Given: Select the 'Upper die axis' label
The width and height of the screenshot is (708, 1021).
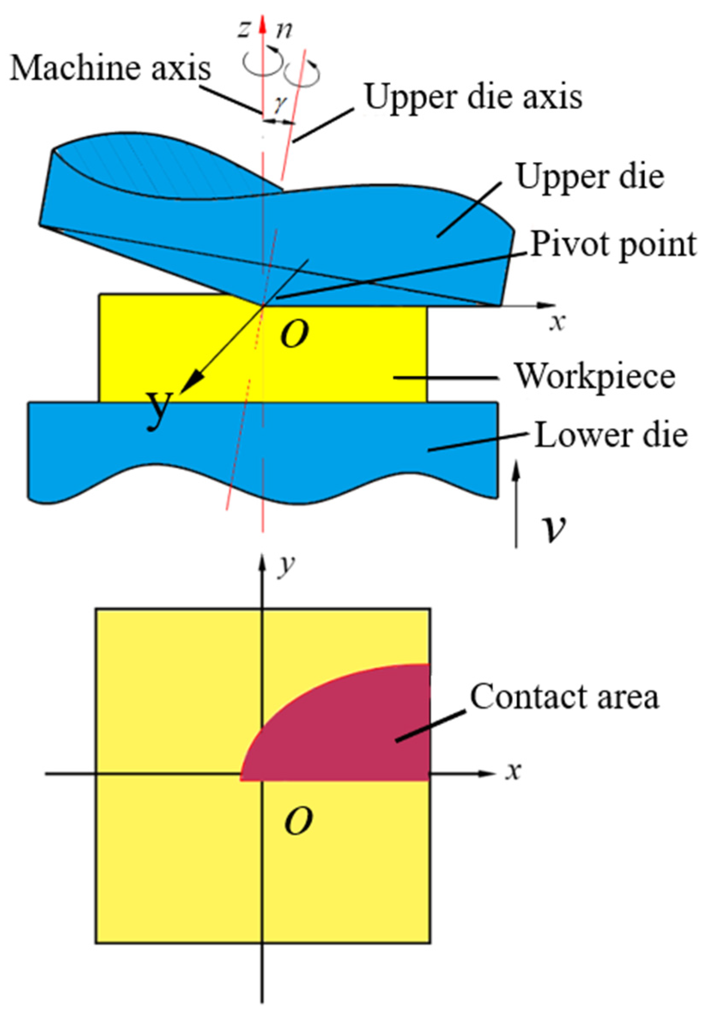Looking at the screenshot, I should click(473, 97).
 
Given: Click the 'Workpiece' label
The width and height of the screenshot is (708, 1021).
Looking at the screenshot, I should click(594, 377).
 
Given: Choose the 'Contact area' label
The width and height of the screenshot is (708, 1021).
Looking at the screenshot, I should click(564, 696).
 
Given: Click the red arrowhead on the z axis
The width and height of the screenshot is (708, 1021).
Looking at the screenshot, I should click(263, 24).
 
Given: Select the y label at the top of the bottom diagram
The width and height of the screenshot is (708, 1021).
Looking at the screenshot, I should click(287, 565).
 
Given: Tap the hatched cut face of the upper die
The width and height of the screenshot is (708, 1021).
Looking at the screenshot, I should click(169, 164).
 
